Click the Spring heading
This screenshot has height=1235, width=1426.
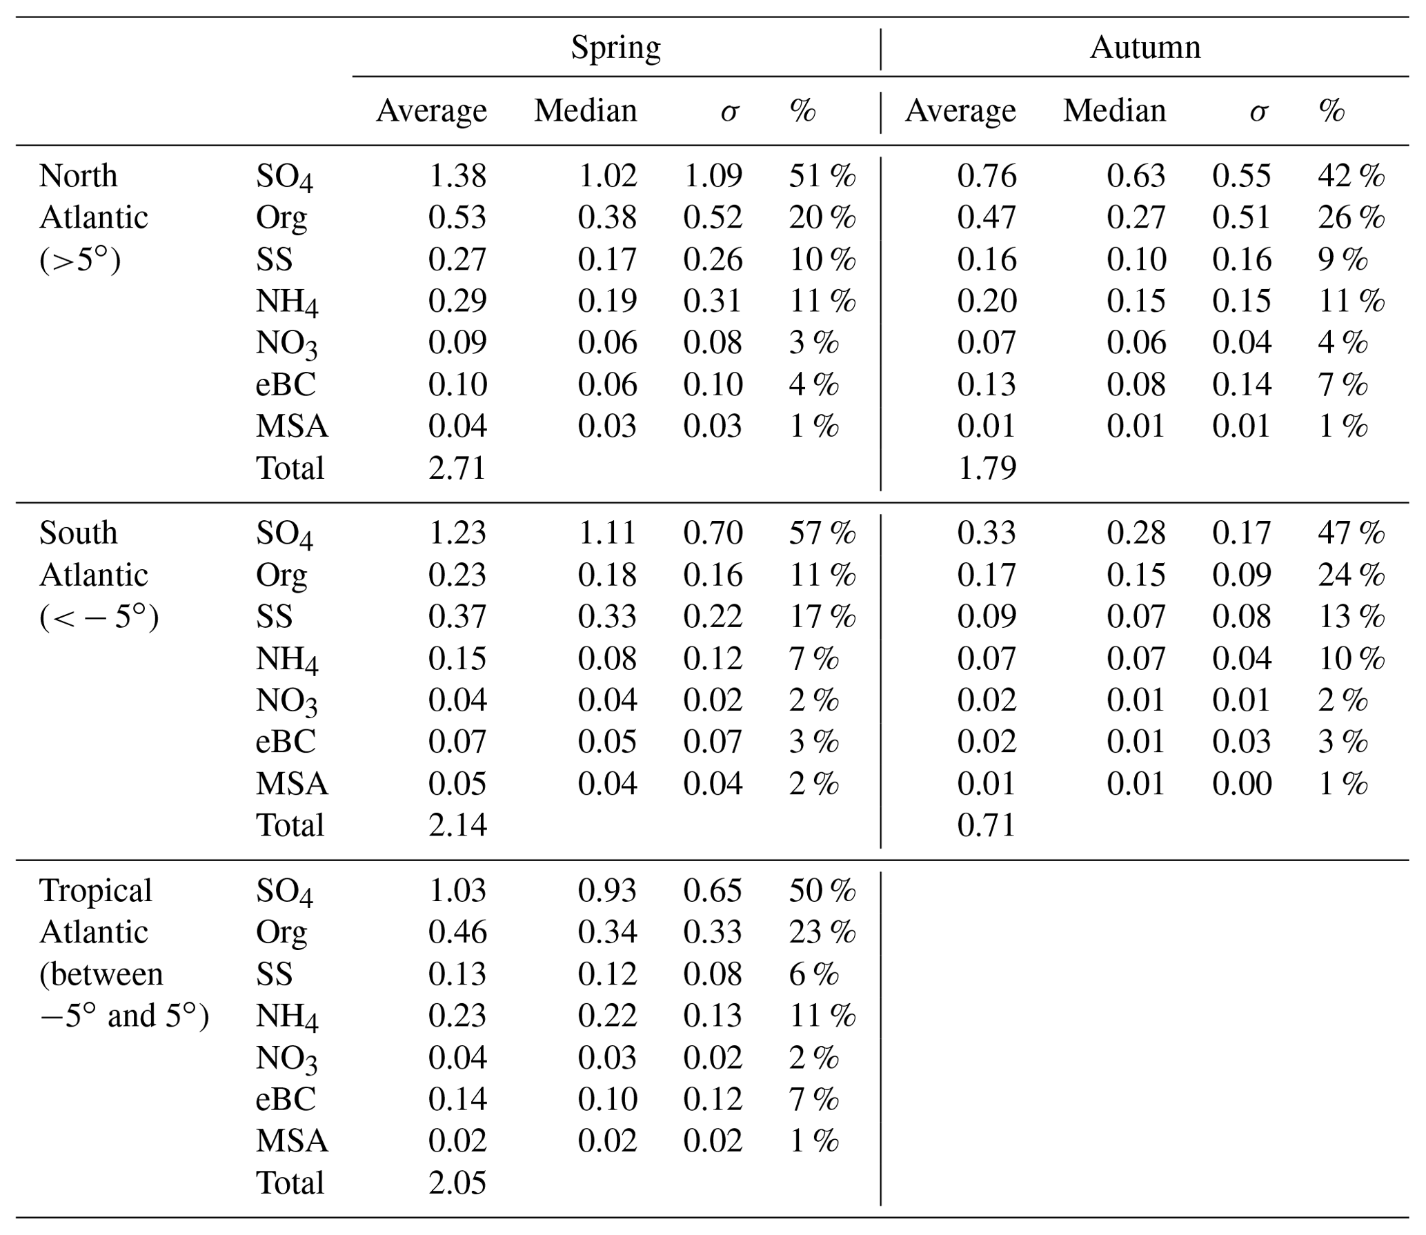click(x=615, y=48)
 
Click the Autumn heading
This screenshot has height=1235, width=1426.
click(x=1145, y=48)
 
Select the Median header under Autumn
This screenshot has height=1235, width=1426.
click(x=1114, y=110)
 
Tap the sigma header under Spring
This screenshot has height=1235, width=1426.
click(x=729, y=112)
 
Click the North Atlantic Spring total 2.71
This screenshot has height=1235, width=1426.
click(x=457, y=468)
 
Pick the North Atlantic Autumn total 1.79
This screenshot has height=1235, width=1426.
click(x=987, y=468)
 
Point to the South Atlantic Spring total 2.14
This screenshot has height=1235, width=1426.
click(x=457, y=825)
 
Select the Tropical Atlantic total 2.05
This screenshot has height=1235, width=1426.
click(x=457, y=1183)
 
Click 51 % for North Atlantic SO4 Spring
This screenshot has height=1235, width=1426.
click(x=822, y=176)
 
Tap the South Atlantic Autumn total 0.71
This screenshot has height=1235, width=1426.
click(x=987, y=825)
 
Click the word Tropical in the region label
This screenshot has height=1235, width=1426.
click(x=95, y=891)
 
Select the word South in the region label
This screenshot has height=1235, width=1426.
click(x=78, y=533)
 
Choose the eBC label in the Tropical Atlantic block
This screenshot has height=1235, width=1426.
click(x=286, y=1099)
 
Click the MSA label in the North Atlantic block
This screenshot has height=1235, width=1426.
click(x=292, y=426)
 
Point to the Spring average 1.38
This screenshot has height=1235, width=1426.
click(x=457, y=176)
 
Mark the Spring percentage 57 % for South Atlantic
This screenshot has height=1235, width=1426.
click(x=822, y=533)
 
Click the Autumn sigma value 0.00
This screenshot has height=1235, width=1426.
click(x=1241, y=784)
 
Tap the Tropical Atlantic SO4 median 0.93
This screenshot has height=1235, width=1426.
click(x=607, y=891)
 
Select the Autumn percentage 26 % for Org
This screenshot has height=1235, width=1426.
click(x=1351, y=218)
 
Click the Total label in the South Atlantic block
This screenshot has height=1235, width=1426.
click(x=290, y=825)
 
